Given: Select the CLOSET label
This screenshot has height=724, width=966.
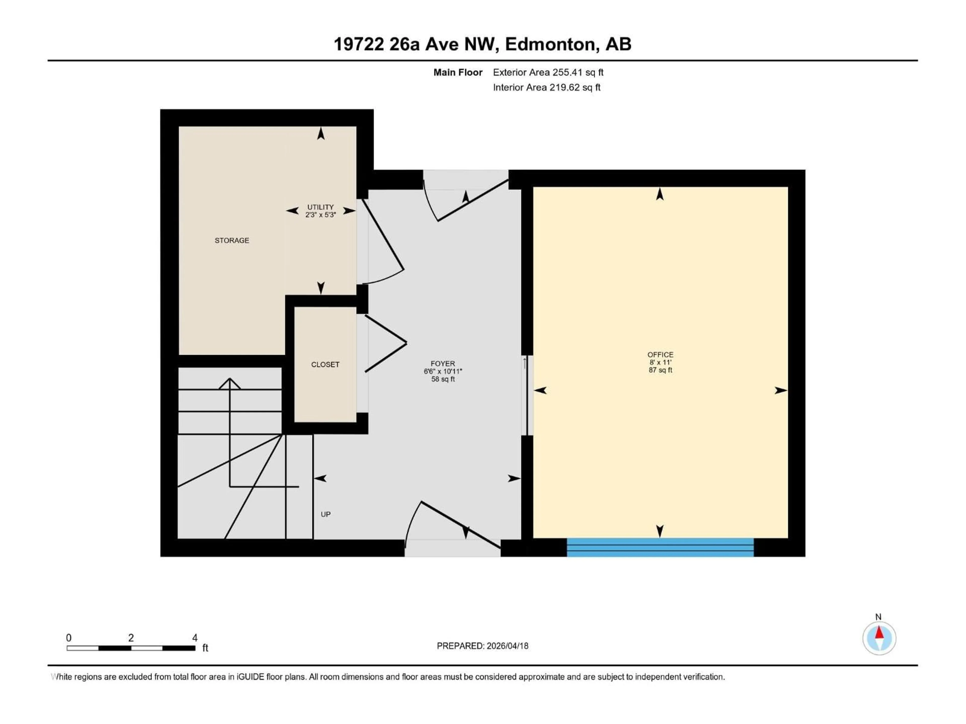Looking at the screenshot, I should tap(325, 365).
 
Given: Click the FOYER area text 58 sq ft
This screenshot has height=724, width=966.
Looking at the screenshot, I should tap(443, 379).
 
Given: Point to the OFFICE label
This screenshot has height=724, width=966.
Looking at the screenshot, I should tap(660, 355).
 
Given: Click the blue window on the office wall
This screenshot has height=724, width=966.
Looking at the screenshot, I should tap(660, 547).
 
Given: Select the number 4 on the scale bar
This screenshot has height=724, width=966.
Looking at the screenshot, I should tap(195, 638).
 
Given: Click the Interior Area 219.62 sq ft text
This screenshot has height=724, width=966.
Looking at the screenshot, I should tap(546, 87).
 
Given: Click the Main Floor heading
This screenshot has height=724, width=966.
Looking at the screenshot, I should tap(458, 72).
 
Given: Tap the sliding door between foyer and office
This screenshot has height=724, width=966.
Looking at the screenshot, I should tap(527, 395).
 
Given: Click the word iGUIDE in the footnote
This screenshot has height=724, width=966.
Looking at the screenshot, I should tap(250, 677).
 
